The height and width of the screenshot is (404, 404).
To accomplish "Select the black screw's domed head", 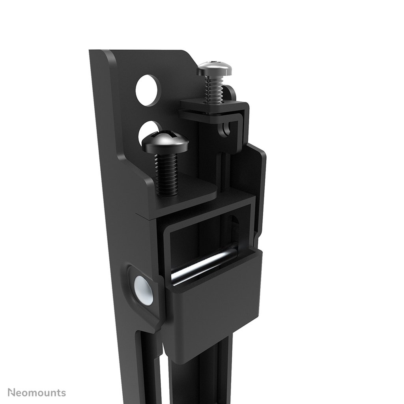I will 165,143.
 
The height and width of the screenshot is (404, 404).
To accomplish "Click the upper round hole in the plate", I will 148,90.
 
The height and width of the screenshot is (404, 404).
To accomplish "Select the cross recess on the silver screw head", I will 214,63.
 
